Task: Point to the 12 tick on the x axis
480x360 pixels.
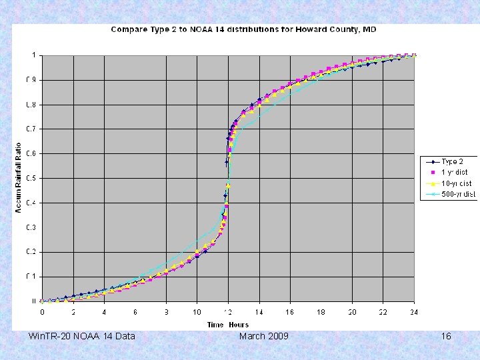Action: pyautogui.click(x=228, y=311)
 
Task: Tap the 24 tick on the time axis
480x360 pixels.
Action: pyautogui.click(x=414, y=311)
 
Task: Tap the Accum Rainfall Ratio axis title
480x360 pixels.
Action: pyautogui.click(x=19, y=178)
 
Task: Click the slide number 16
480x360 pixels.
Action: pyautogui.click(x=446, y=336)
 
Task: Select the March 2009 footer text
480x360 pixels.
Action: pyautogui.click(x=263, y=336)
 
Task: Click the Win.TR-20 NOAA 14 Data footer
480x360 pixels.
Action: pyautogui.click(x=82, y=336)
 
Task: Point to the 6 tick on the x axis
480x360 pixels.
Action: pyautogui.click(x=135, y=311)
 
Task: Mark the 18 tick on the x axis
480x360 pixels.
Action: pyautogui.click(x=321, y=311)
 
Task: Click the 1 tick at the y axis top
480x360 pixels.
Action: pyautogui.click(x=33, y=55)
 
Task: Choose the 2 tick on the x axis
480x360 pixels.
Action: pyautogui.click(x=73, y=311)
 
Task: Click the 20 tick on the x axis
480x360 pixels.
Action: pyautogui.click(x=352, y=311)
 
